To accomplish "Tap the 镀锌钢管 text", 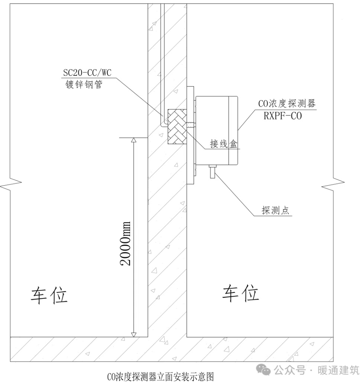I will pyautogui.click(x=83, y=85).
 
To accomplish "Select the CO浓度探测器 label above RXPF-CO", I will pyautogui.click(x=287, y=103).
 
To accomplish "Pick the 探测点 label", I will pyautogui.click(x=275, y=211).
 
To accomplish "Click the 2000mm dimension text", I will pyautogui.click(x=126, y=243).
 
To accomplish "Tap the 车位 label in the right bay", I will pyautogui.click(x=241, y=293).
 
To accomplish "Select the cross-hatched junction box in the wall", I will pyautogui.click(x=177, y=126).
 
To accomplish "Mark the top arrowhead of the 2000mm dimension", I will pyautogui.click(x=134, y=140).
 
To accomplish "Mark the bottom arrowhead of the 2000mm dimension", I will pyautogui.click(x=134, y=334).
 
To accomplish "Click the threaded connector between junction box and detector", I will pyautogui.click(x=191, y=125).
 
